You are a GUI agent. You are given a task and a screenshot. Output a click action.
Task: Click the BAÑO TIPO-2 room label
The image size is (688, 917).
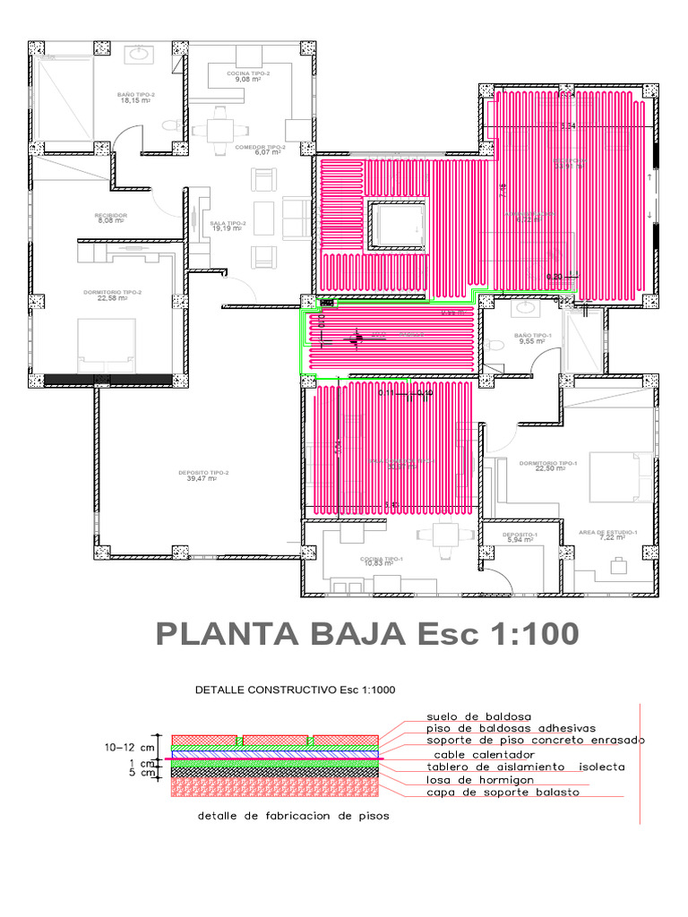click(136, 94)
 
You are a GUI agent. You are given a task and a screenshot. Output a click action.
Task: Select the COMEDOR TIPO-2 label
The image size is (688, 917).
click(261, 147)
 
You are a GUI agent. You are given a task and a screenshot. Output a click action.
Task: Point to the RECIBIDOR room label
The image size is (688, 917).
click(111, 216)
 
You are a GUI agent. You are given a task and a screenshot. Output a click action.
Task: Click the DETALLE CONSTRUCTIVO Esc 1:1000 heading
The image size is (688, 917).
click(295, 690)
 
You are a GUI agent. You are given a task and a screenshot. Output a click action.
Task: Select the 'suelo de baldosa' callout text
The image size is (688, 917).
click(479, 716)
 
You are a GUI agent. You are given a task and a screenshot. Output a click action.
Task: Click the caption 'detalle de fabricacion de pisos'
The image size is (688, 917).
click(293, 818)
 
